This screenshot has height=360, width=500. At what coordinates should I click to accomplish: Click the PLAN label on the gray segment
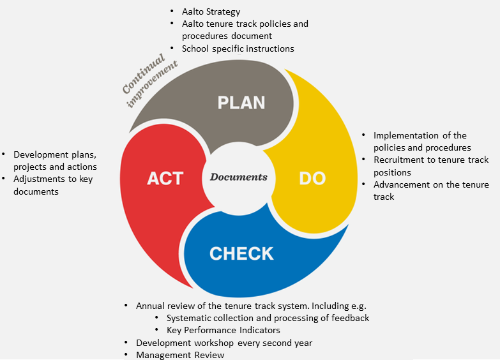[x=241, y=103]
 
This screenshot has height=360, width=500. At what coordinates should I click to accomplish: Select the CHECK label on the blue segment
[x=241, y=253]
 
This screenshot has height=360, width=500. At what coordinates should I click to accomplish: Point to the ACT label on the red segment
[x=165, y=178]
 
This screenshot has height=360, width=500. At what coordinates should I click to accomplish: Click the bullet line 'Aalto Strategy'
[x=211, y=11]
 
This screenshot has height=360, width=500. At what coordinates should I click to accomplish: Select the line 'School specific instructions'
[x=238, y=48]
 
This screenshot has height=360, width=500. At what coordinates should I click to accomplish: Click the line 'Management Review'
[x=180, y=355]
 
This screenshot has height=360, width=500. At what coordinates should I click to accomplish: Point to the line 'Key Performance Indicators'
[x=223, y=330]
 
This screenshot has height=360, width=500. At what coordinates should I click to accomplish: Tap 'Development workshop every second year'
[x=224, y=343]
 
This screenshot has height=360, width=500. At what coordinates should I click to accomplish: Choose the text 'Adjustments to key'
[x=53, y=179]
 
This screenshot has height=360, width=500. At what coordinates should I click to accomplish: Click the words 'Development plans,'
[x=55, y=154]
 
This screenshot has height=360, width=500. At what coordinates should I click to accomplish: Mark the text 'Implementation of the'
[x=420, y=135]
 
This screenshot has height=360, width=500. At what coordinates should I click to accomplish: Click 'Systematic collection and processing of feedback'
[x=268, y=318]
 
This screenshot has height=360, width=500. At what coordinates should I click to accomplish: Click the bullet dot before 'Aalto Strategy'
[x=173, y=11]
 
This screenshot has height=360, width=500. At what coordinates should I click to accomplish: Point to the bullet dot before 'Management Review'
[x=127, y=355]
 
